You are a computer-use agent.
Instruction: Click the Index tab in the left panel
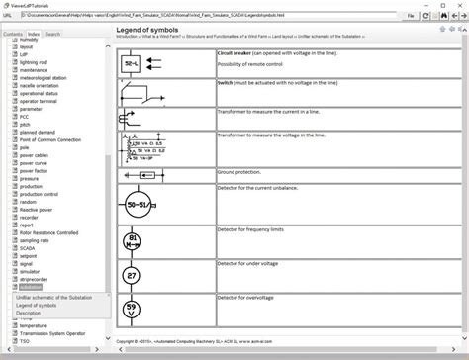(34, 34)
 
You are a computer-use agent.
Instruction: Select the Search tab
(52, 34)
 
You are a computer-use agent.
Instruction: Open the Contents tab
(13, 34)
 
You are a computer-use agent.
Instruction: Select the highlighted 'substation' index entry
(31, 287)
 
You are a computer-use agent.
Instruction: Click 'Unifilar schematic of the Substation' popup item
(54, 297)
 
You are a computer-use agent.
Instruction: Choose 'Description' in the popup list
(29, 314)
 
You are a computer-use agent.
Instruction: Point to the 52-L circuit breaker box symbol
(132, 62)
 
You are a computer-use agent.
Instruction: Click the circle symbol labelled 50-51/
(139, 205)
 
